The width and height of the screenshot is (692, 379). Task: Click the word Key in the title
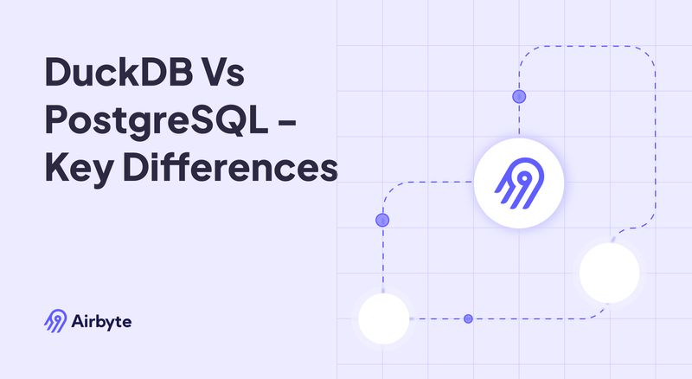[79, 169]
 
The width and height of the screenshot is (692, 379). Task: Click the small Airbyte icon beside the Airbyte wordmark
[55, 322]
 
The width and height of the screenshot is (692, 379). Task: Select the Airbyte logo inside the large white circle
[518, 183]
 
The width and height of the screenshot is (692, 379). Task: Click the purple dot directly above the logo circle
[519, 96]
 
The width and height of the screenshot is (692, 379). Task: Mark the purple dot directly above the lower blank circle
[382, 220]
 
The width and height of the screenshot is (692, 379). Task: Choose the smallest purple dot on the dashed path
[468, 318]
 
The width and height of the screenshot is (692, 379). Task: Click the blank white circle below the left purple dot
[383, 318]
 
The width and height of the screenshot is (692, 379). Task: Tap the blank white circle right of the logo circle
[609, 273]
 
